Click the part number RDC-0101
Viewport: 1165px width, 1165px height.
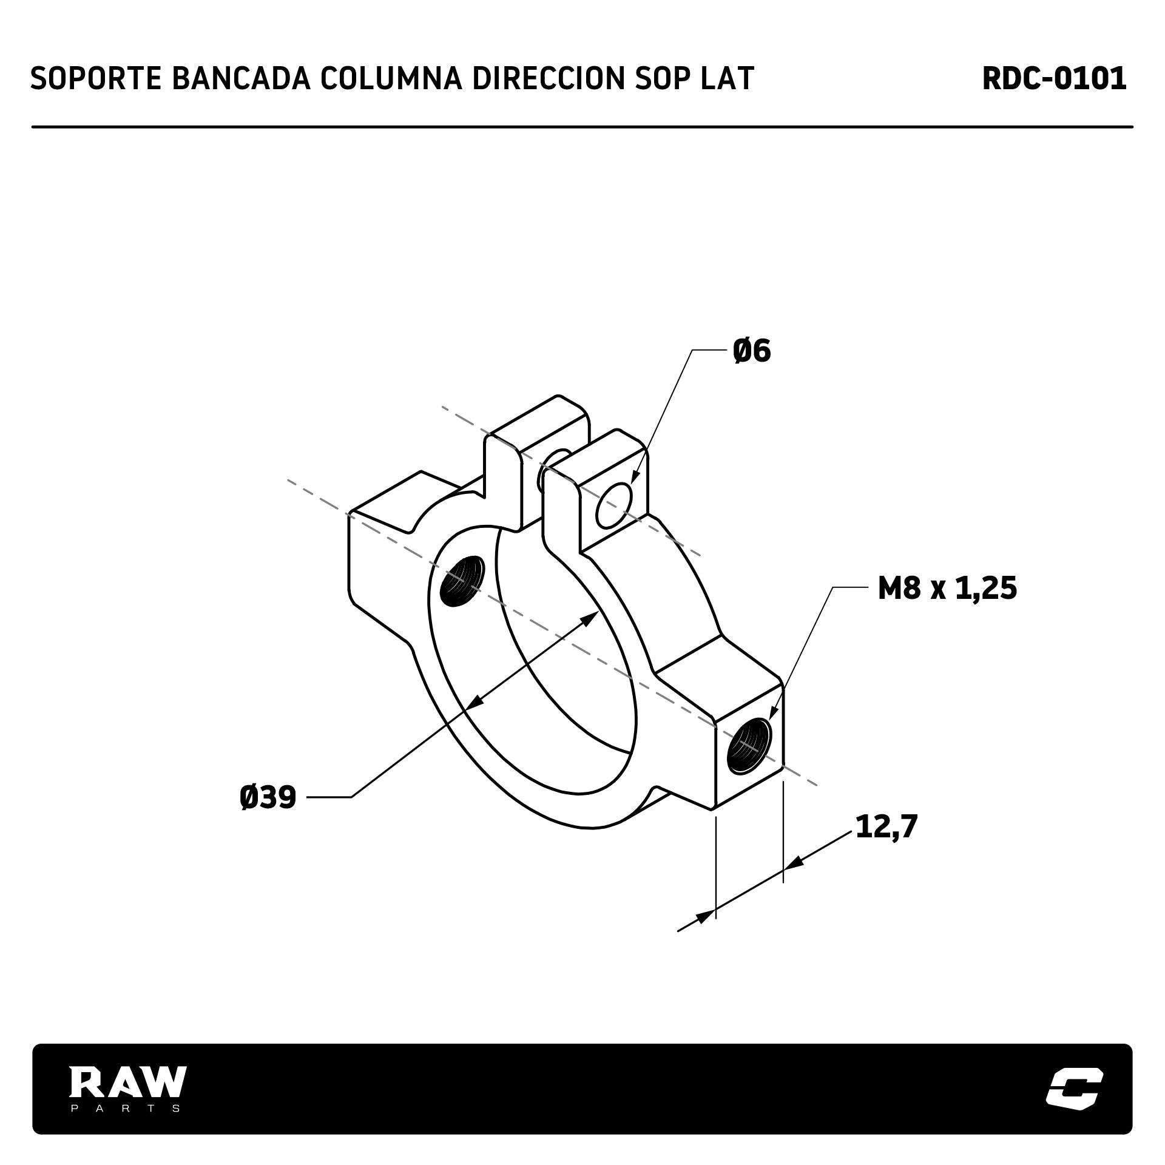(x=1054, y=78)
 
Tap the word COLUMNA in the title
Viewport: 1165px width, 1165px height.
(x=390, y=78)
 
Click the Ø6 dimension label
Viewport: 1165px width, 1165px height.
(x=752, y=351)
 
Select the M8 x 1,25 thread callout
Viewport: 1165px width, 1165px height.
(x=947, y=588)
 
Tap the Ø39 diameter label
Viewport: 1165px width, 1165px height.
(x=268, y=797)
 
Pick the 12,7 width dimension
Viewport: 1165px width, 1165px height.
(x=886, y=826)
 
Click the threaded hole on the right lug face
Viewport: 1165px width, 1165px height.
(x=750, y=745)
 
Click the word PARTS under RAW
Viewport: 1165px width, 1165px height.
(x=126, y=1108)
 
